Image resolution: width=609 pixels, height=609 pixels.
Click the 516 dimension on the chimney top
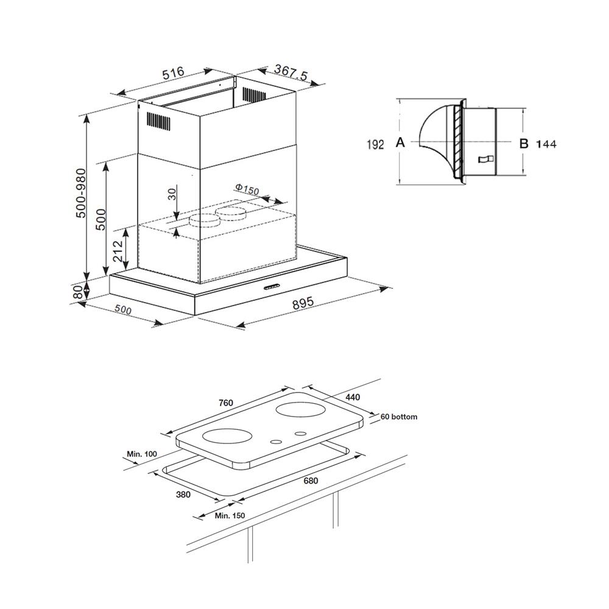point(173,74)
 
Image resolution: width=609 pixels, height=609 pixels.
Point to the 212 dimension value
point(119,250)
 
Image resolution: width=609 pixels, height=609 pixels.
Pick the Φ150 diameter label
point(247,190)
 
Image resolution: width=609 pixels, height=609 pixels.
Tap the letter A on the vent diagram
point(400,143)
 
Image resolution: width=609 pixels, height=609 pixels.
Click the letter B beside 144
point(523,144)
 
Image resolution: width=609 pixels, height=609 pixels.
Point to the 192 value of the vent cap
point(375,144)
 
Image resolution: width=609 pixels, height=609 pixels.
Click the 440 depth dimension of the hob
point(353,397)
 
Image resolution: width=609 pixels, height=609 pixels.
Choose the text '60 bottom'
point(399,417)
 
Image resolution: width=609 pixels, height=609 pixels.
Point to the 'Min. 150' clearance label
point(230,516)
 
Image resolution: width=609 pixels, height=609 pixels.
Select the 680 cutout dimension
point(311,481)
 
